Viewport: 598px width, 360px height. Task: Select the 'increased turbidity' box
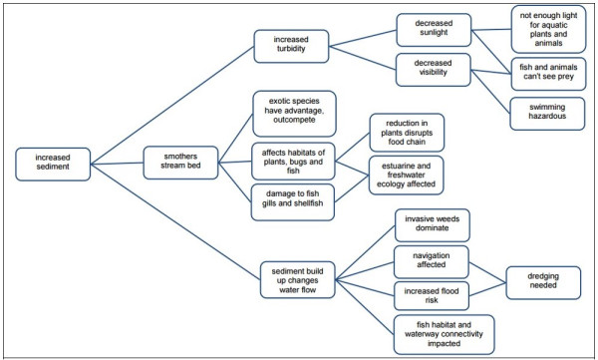tap(290, 45)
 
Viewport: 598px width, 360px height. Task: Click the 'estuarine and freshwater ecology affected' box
tap(407, 176)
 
